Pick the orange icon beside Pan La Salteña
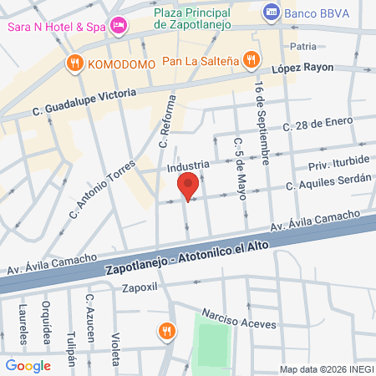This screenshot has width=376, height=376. pyautogui.click(x=250, y=59)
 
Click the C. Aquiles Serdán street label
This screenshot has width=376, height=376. pyautogui.click(x=328, y=185)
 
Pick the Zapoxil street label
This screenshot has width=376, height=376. pyautogui.click(x=140, y=288)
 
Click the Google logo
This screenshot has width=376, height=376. pyautogui.click(x=28, y=365)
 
